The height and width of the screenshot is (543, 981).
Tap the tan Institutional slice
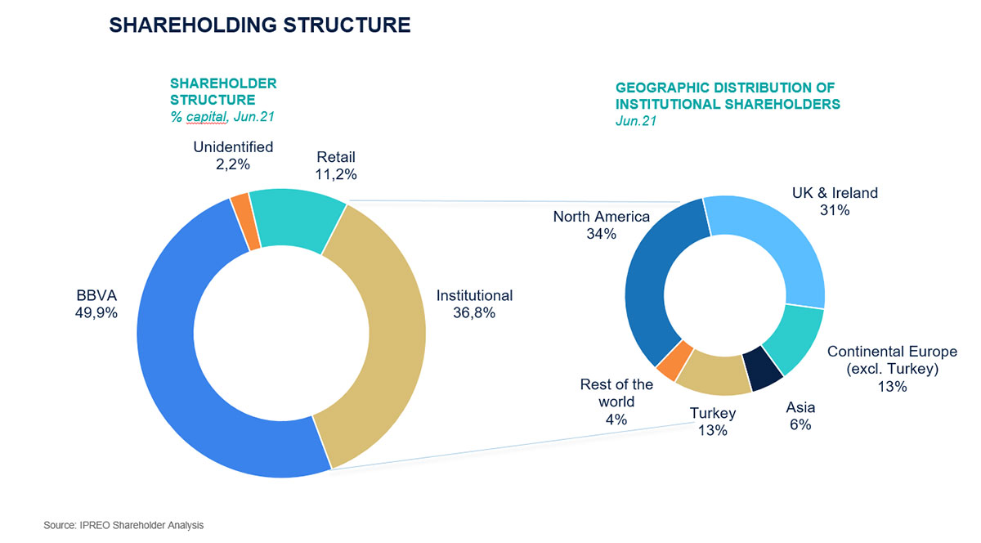[x=385, y=333]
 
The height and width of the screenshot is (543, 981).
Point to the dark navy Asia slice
[x=763, y=367]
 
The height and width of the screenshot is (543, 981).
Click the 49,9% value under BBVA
[x=96, y=313]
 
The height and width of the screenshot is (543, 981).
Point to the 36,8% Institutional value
[x=474, y=313]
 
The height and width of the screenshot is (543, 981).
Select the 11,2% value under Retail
[x=336, y=174]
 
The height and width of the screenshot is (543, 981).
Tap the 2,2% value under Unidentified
[x=232, y=164]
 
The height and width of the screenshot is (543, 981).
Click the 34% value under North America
[x=602, y=234]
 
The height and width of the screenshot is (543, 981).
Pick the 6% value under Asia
[x=800, y=424]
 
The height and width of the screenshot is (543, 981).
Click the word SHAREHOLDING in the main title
[x=193, y=25]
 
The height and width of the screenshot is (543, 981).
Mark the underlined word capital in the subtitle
[x=206, y=117]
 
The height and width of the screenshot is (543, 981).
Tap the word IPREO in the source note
[x=95, y=525]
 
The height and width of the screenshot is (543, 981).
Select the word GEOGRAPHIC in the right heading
[x=662, y=88]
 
